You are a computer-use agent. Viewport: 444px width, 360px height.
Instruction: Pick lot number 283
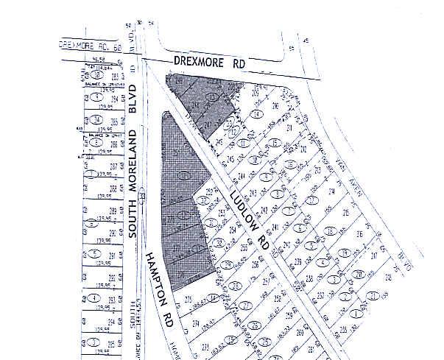coord(115,76)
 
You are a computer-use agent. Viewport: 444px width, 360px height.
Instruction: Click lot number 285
coord(114,121)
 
